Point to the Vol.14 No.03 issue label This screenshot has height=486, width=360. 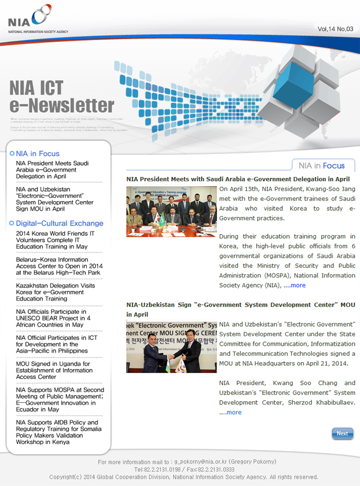point(335,29)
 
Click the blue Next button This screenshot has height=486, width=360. point(343,434)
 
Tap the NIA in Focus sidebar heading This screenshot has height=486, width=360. point(37,154)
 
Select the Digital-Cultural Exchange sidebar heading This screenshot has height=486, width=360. point(59,223)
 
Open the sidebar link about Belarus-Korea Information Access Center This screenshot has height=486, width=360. point(56,266)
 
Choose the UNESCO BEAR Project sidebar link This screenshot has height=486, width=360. point(53,318)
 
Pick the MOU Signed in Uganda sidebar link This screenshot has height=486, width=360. point(53,370)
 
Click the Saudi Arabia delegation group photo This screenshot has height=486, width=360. point(172,211)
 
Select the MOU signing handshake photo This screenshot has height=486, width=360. point(172,346)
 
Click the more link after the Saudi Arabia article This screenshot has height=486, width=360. point(297,285)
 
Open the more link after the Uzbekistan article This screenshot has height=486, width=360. point(232,412)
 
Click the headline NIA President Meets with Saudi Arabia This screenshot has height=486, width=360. point(238,179)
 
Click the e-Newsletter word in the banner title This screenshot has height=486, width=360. point(62,105)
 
